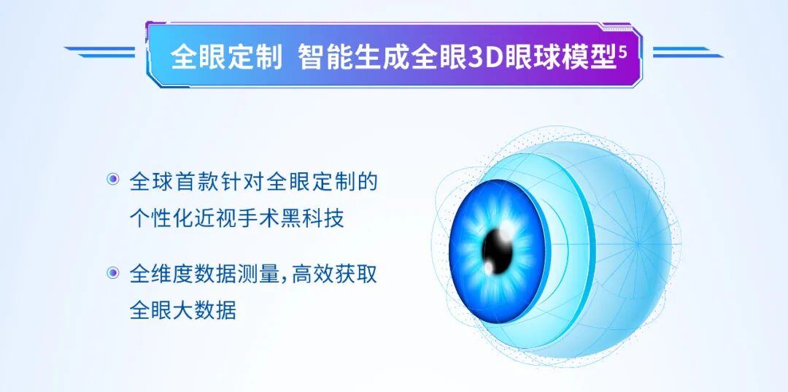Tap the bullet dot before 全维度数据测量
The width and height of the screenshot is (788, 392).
[x=112, y=273]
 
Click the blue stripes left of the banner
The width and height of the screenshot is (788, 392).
[x=102, y=52]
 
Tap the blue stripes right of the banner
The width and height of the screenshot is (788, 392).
[x=686, y=52]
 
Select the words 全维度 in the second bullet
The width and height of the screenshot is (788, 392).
[x=155, y=274]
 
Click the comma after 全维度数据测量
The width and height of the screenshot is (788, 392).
[x=286, y=280]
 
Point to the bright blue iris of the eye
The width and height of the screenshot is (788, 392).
[x=474, y=219]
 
